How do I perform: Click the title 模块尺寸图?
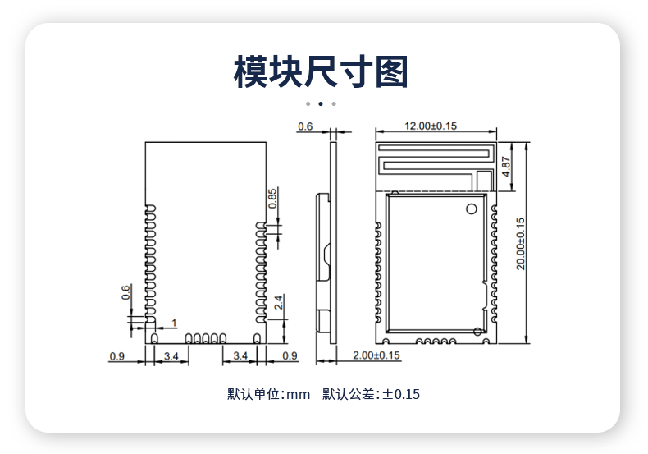pos(321,72)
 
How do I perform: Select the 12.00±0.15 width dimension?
pos(431,126)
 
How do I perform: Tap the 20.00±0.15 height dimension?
pos(520,244)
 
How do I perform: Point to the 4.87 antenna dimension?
pos(506,166)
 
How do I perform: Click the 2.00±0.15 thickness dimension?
pos(376,355)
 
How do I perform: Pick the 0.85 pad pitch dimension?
pos(272,199)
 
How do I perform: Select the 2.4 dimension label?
pos(279,302)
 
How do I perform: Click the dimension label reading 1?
pos(175,323)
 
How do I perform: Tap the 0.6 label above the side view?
pos(305,126)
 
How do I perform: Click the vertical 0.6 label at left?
pos(125,292)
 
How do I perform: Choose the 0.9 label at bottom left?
pos(117,356)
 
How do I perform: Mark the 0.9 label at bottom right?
pos(290,355)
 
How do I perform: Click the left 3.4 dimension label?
pos(171,356)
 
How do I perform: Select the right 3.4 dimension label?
pos(240,355)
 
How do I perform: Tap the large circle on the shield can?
pos(472,209)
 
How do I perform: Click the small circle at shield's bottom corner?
pos(477,331)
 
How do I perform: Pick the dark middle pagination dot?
pos(321,103)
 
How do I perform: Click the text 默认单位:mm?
pos(268,394)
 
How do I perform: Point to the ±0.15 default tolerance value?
pos(401,394)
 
